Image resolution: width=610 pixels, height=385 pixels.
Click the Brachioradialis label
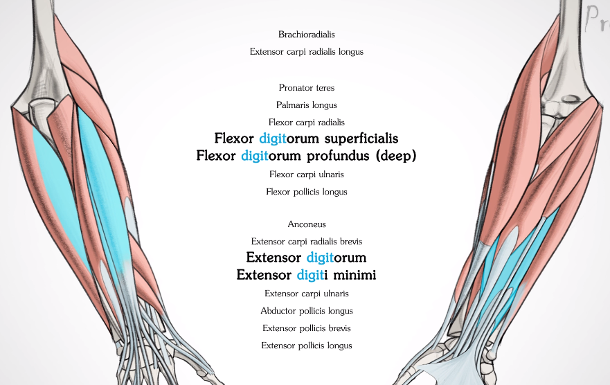coord(306,34)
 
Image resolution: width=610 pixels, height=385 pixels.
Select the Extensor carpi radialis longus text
coord(306,51)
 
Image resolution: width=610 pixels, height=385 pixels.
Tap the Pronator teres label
coord(306,88)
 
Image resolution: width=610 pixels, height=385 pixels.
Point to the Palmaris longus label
coord(306,105)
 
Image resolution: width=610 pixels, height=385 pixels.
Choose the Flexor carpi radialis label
coord(306,123)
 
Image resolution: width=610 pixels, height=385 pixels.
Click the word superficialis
coord(356,138)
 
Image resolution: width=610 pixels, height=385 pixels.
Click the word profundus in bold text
coord(338,156)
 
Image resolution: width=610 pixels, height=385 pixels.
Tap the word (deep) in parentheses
coord(395,156)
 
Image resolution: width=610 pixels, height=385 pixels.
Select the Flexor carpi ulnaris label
coord(306,174)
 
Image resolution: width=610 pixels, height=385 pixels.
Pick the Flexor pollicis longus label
coord(306,192)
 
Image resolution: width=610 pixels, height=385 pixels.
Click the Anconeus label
coord(306,224)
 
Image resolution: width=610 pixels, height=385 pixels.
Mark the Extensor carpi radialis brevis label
coord(306,242)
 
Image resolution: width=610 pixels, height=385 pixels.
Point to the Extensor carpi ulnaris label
coord(306,294)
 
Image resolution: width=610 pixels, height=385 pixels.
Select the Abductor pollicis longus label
coord(306,311)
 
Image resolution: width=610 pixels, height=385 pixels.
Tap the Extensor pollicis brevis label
coord(306,328)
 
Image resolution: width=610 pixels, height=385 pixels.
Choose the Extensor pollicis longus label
coord(306,346)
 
